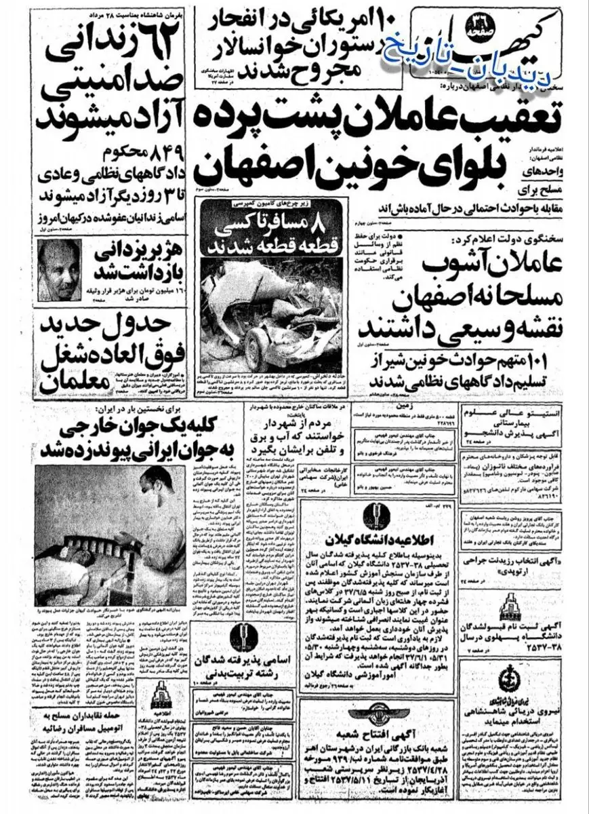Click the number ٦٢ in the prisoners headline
coord(163,30)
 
